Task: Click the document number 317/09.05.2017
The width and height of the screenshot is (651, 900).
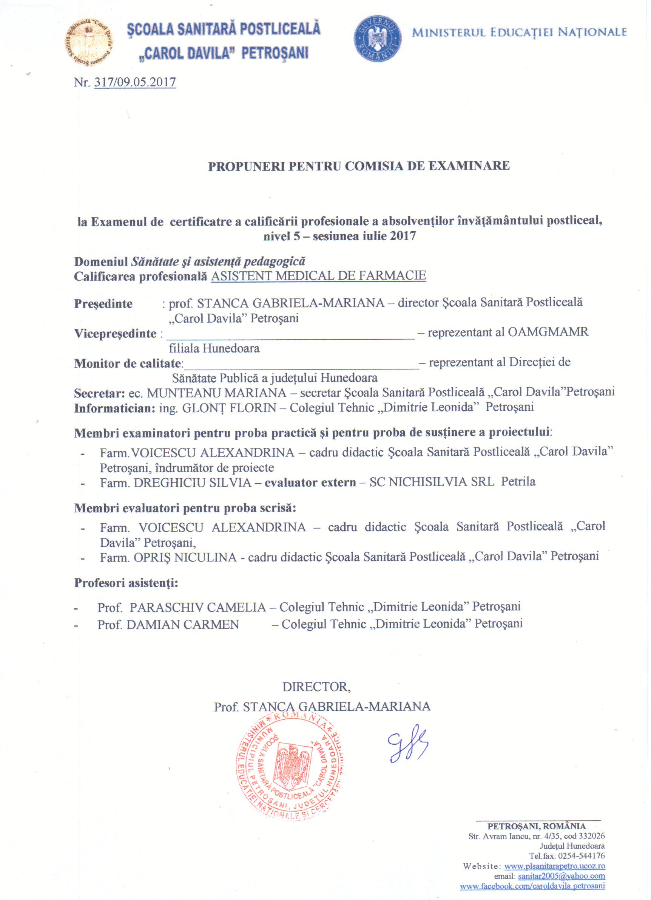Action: pos(135,82)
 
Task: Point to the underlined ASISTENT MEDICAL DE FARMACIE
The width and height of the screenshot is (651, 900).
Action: pos(319,275)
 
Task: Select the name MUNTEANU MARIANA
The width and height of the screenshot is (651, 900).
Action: pos(217,393)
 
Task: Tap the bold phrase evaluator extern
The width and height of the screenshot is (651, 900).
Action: pos(310,482)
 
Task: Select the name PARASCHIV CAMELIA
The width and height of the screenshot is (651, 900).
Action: pos(197,607)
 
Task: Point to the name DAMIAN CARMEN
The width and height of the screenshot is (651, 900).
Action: pos(183,625)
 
